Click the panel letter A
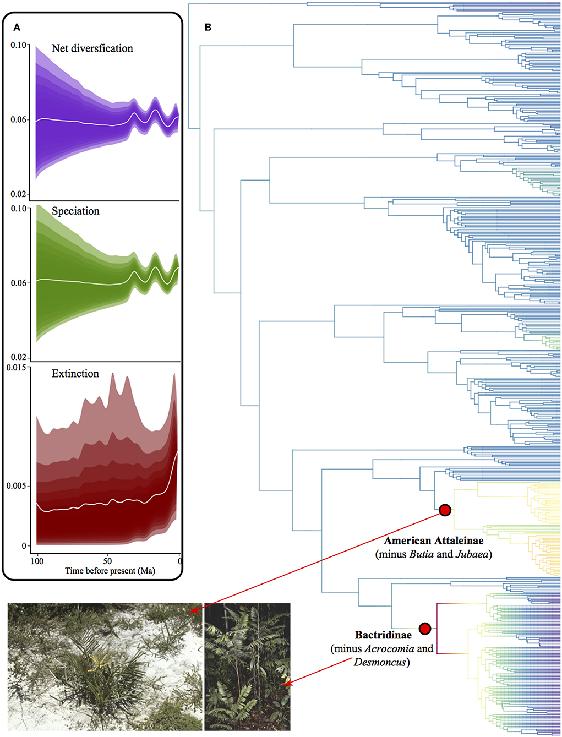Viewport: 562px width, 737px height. coord(17,28)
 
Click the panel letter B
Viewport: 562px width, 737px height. coord(208,28)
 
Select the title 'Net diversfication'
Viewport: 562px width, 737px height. coord(92,48)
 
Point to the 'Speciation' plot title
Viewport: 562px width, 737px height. coord(75,211)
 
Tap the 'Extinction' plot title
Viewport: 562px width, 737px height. coord(75,374)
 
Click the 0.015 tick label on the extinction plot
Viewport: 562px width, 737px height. coord(16,367)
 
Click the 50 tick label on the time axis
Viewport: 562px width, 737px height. coord(107,561)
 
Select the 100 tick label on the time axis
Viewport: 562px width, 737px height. coord(37,561)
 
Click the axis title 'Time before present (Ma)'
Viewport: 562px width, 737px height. coord(110,571)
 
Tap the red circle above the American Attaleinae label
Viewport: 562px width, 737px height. coord(445,510)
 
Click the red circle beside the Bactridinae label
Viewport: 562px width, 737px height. coord(424,629)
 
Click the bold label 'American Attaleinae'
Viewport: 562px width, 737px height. coord(434,541)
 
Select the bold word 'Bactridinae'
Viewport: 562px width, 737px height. coord(383,635)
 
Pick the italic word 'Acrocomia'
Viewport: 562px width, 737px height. coord(389,648)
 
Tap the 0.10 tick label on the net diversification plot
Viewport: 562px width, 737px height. coord(18,45)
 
